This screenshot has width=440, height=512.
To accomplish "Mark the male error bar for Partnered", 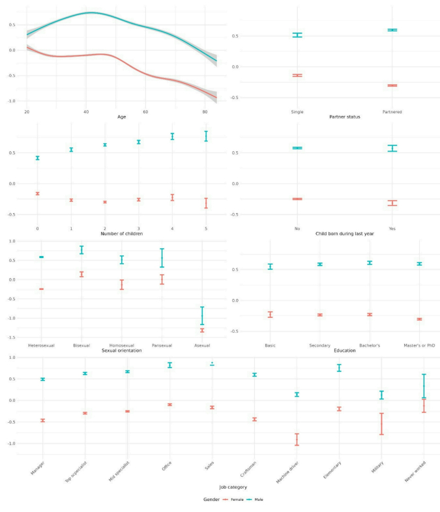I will [x=392, y=30].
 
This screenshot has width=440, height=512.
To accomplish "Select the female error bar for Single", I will [x=297, y=76].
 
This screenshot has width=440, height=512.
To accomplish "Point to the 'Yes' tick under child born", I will [x=392, y=229].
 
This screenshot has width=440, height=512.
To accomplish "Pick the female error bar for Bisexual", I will [x=81, y=274].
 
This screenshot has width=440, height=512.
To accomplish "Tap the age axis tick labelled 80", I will [x=205, y=111].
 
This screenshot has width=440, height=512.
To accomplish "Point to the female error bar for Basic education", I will [x=270, y=314].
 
